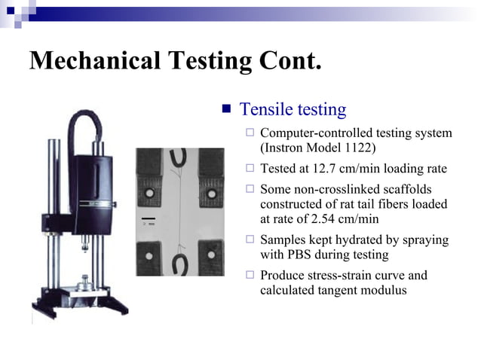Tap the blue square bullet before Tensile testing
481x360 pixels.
226,109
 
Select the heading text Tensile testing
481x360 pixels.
293,109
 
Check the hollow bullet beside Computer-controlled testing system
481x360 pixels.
250,134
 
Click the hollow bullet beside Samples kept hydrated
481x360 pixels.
250,240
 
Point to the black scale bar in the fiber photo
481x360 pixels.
149,219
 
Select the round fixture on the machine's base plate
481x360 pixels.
85,284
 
